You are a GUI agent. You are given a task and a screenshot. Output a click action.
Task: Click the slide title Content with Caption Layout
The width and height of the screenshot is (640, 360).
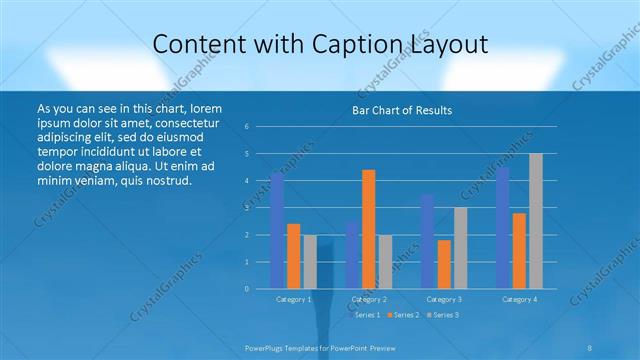[x=319, y=44]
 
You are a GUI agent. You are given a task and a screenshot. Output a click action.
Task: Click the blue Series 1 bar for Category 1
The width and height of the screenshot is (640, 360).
[x=277, y=231]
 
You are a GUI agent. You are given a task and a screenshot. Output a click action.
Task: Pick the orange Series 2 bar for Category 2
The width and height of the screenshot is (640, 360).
[x=368, y=229]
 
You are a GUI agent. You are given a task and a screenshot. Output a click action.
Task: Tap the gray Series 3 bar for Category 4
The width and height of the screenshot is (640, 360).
[x=536, y=221]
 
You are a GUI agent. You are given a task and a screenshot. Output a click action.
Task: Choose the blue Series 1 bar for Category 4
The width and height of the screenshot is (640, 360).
[x=502, y=228]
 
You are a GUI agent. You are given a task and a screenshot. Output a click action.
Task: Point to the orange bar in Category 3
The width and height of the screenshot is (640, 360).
[x=444, y=264]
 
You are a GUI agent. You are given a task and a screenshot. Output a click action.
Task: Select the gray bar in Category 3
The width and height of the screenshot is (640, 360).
[x=460, y=248]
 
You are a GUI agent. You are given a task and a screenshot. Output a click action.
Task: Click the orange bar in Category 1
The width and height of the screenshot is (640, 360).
[x=293, y=256]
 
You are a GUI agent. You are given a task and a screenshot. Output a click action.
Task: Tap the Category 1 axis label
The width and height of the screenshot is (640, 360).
[x=294, y=299]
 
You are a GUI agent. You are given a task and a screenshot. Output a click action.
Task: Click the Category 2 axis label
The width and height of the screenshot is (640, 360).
[x=369, y=299]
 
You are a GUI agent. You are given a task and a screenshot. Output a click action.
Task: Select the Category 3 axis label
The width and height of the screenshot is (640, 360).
[x=444, y=299]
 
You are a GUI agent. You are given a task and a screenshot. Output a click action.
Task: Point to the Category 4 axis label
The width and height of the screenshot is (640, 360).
[x=519, y=299]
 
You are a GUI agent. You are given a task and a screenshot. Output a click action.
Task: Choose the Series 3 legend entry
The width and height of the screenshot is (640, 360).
[x=443, y=315]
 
